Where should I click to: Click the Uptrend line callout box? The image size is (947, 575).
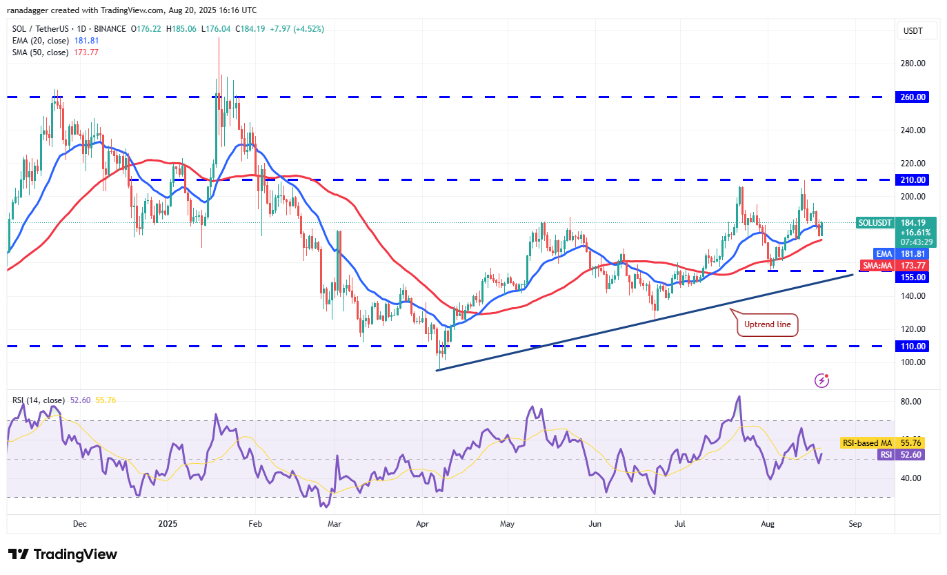coord(768,324)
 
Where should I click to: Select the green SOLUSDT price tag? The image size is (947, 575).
coord(875,223)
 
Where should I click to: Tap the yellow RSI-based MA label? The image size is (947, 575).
coord(866,442)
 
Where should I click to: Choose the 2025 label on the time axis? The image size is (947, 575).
coord(168,523)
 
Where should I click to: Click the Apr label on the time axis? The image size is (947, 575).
coord(421,523)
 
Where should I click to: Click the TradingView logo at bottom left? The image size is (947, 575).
coord(63,554)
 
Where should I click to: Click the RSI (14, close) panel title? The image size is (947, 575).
coord(39,400)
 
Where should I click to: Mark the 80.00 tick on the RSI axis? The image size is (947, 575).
coord(913,402)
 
